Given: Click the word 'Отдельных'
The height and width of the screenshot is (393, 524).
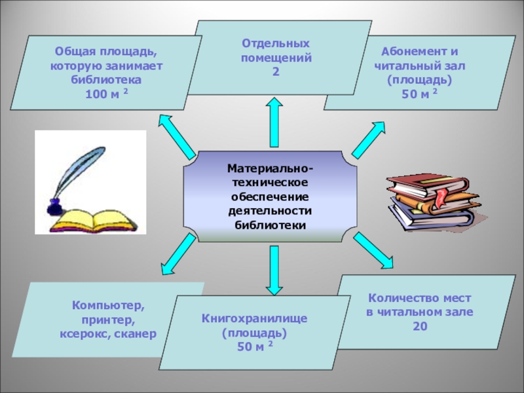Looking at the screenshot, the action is pyautogui.click(x=276, y=43).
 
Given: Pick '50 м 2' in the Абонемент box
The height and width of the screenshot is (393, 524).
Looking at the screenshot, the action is pyautogui.click(x=419, y=94).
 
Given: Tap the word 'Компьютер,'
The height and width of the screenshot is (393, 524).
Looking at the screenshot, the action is pyautogui.click(x=109, y=306).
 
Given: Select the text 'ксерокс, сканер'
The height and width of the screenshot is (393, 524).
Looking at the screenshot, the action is pyautogui.click(x=108, y=333).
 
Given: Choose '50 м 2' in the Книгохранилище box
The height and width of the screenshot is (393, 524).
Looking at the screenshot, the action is pyautogui.click(x=255, y=346).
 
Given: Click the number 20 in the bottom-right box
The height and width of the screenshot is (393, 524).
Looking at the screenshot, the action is pyautogui.click(x=420, y=325).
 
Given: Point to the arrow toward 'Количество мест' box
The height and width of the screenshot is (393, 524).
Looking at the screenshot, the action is pyautogui.click(x=373, y=250).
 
